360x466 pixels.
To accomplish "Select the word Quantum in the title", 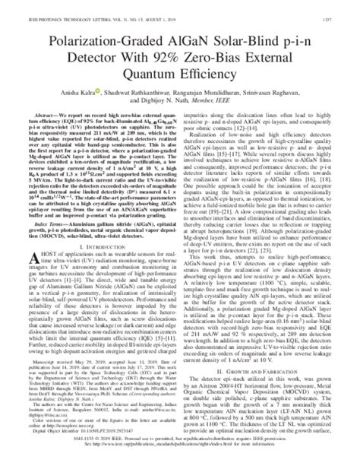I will pos(150,66).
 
